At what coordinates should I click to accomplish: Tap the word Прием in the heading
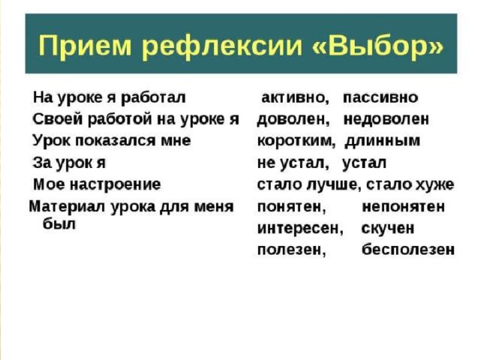click(x=85, y=46)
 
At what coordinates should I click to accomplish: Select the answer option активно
click(x=295, y=98)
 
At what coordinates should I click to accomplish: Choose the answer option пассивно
click(x=380, y=97)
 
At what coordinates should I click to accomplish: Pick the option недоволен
click(x=386, y=119)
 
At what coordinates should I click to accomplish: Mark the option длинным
click(x=382, y=142)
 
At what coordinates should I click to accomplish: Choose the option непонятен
click(x=403, y=207)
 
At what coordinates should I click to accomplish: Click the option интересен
click(x=300, y=229)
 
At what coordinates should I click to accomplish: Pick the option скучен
click(x=388, y=229)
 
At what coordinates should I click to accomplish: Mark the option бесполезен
click(x=408, y=250)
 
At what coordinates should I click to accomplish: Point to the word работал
click(x=153, y=98)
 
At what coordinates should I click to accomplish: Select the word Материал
click(x=67, y=207)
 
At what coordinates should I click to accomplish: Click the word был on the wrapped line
click(x=58, y=224)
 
